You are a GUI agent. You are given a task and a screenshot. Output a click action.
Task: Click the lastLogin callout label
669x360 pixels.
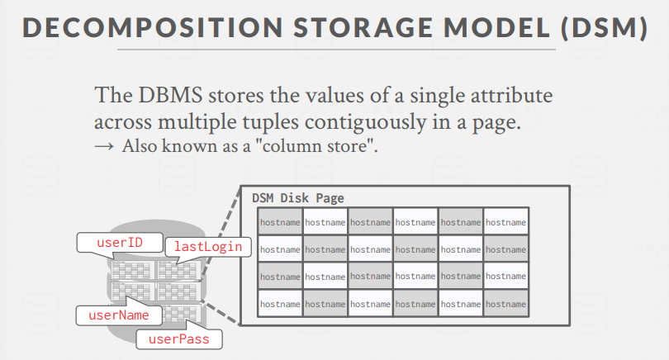(206, 246)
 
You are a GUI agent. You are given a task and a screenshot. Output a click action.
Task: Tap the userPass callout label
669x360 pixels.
(180, 338)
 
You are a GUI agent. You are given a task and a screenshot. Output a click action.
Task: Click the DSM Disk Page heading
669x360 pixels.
(298, 198)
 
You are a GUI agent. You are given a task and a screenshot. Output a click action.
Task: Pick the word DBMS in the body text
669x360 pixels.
(164, 95)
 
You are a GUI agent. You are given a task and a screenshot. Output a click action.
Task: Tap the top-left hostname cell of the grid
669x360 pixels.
(280, 222)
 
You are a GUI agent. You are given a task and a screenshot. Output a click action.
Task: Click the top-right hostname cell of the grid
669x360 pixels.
(505, 222)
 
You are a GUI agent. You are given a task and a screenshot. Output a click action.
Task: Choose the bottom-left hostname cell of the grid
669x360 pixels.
(280, 304)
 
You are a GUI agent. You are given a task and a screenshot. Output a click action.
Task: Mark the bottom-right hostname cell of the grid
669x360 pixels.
(505, 304)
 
